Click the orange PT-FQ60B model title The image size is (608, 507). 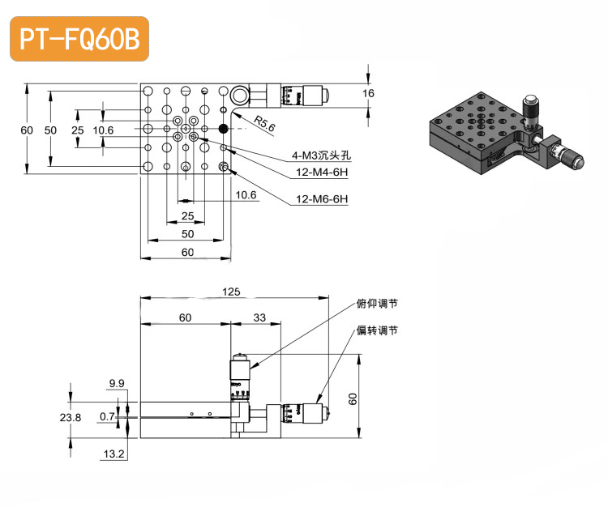click(x=79, y=40)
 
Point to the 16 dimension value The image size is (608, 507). click(x=369, y=94)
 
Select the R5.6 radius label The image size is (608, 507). click(x=264, y=124)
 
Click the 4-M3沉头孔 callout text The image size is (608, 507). click(x=320, y=155)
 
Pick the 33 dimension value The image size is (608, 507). click(x=259, y=317)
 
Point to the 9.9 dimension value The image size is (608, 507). click(x=116, y=383)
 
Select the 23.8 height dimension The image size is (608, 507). click(x=70, y=417)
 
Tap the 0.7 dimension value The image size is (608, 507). click(x=106, y=417)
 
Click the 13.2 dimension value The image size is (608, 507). click(x=115, y=454)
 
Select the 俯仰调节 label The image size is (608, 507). click(x=377, y=305)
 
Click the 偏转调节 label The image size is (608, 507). click(x=377, y=330)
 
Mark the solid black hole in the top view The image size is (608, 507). click(x=224, y=128)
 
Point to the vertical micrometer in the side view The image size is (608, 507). click(x=241, y=377)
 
